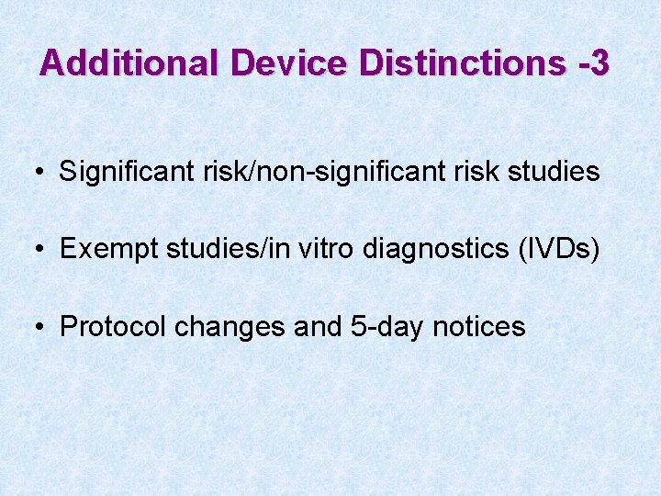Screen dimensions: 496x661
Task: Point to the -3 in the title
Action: tap(593, 62)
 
